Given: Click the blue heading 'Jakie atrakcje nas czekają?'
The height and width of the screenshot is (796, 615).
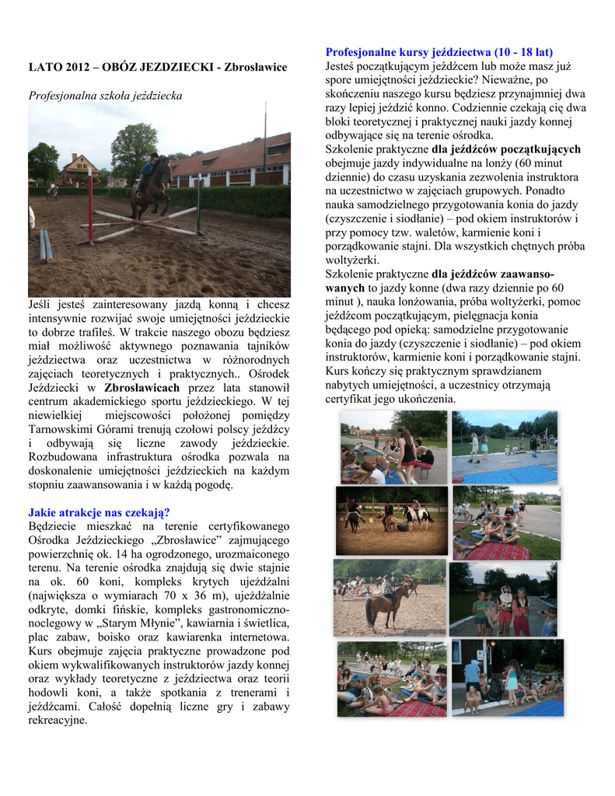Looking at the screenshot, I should (x=99, y=512).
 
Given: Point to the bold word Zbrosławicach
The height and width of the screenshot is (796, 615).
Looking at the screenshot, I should (x=142, y=387).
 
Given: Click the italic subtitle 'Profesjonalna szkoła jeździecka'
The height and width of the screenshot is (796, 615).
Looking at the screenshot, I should (x=105, y=96).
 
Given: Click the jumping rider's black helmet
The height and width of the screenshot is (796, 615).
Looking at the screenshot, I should (x=155, y=156).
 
